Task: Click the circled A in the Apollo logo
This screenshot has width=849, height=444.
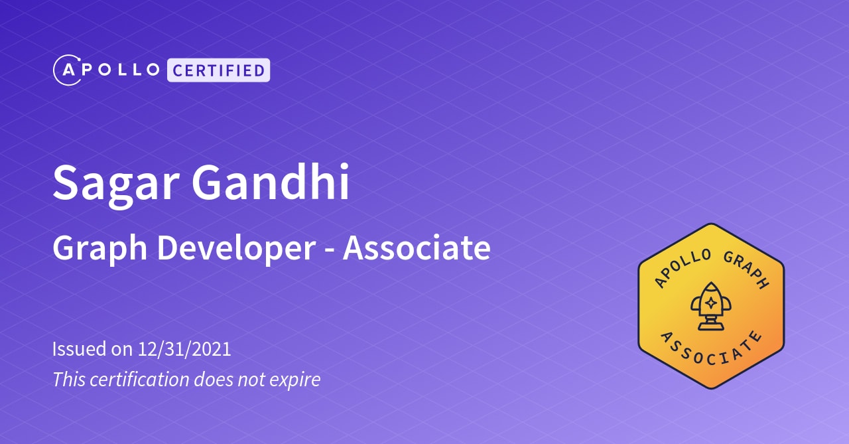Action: pyautogui.click(x=68, y=70)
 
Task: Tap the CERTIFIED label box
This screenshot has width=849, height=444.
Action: pyautogui.click(x=218, y=70)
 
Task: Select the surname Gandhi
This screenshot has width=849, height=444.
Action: pyautogui.click(x=271, y=182)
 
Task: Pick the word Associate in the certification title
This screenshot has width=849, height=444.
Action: pyautogui.click(x=417, y=248)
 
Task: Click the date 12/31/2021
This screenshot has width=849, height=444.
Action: pyautogui.click(x=184, y=349)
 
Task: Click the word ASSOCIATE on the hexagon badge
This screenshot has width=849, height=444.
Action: pyautogui.click(x=711, y=350)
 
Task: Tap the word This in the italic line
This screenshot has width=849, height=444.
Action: pyautogui.click(x=65, y=380)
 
